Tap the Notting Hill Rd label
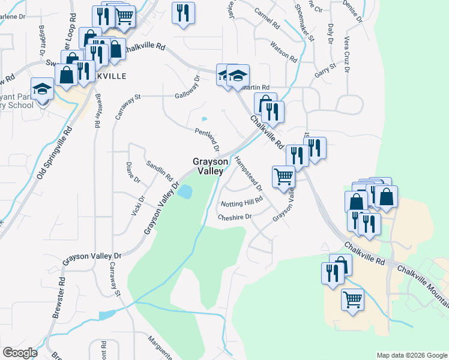(242, 202)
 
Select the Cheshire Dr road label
(235, 217)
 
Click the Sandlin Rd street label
(160, 171)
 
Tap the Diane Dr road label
(133, 172)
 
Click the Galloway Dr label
(187, 88)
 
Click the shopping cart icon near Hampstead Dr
(283, 176)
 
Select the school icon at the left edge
(42, 90)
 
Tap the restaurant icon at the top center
(183, 12)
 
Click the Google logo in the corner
(20, 353)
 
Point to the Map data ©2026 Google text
(411, 355)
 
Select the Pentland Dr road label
(207, 139)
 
